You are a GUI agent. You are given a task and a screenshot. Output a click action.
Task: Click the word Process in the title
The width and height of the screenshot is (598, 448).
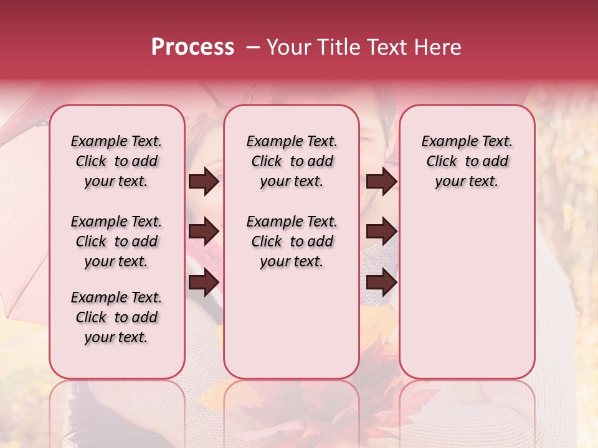coord(192,47)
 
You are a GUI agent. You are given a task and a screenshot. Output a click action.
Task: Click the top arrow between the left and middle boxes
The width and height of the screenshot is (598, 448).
coord(204,181)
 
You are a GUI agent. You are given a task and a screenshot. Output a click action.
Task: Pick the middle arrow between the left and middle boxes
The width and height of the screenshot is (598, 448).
coord(204,231)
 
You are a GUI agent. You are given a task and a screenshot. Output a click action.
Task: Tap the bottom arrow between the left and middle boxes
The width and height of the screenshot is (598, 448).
coord(204,282)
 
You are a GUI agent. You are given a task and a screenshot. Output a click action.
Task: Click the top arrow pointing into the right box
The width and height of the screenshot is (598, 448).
coord(382,181)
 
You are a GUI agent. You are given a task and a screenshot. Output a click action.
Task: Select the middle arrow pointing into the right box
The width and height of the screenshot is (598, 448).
coord(382,231)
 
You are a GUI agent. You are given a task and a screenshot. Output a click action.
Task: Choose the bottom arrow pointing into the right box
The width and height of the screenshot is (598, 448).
coord(382,282)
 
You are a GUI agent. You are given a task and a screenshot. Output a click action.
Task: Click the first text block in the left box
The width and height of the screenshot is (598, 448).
coord(116,161)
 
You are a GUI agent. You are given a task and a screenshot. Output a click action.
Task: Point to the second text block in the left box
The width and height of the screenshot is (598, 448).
coord(116,241)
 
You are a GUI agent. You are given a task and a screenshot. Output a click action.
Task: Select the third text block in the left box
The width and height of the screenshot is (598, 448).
coord(116,317)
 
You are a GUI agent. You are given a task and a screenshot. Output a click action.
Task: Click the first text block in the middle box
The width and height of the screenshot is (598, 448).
coord(292,161)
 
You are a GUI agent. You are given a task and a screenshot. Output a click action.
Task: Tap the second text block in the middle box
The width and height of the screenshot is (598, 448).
coord(292,241)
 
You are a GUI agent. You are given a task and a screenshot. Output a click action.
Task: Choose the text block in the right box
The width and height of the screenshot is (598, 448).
coord(467,161)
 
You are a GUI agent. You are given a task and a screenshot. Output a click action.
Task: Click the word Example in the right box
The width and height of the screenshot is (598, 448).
coord(447,142)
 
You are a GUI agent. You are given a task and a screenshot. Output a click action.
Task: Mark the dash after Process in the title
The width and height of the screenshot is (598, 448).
coord(253,47)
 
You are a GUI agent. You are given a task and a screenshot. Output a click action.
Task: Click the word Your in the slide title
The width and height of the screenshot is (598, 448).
coord(289,47)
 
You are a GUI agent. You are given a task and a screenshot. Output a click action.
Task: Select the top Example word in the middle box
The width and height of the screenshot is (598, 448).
coord(272,142)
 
